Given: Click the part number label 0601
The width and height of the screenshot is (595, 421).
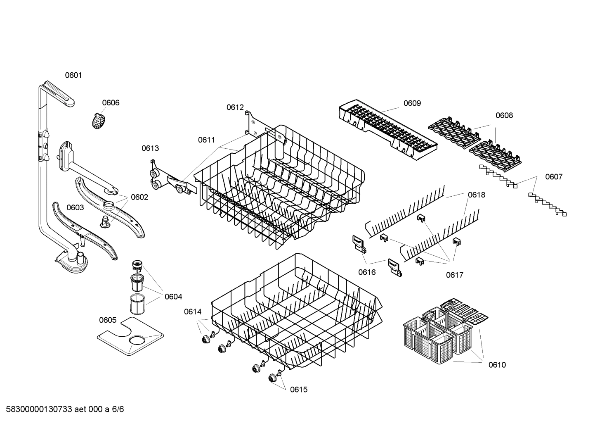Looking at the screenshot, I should [x=73, y=75].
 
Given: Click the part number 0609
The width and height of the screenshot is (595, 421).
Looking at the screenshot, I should [x=412, y=103].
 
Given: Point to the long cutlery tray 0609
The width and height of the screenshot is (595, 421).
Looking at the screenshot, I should [x=387, y=128].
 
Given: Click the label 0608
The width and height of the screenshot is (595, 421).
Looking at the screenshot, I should [x=504, y=116].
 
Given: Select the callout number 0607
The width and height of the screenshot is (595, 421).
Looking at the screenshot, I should [x=554, y=177].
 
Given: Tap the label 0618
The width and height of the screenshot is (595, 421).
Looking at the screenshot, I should [x=477, y=195].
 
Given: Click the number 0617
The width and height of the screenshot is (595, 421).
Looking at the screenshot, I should [x=455, y=275].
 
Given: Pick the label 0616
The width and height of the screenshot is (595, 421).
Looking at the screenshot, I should [x=367, y=272].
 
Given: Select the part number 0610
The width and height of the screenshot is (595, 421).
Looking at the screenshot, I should [x=497, y=365].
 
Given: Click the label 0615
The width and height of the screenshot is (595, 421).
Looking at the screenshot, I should [x=299, y=390].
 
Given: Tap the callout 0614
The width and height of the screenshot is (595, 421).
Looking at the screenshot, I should [x=193, y=312].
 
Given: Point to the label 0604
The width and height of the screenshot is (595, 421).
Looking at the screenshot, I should [x=173, y=297].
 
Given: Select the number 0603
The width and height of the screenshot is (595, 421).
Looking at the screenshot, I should [x=75, y=208].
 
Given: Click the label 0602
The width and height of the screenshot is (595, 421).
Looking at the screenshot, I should [x=139, y=197].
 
